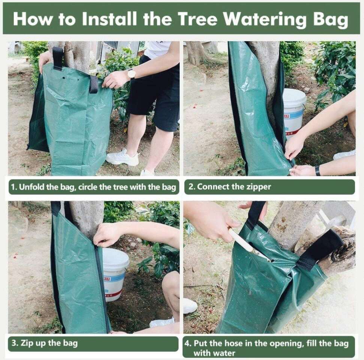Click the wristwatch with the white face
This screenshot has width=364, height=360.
[132, 74]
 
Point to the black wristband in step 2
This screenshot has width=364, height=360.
[318, 171]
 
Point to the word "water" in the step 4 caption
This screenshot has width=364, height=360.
[224, 353]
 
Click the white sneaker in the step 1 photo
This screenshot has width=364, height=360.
[122, 157]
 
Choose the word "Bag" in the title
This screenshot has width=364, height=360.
[331, 20]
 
